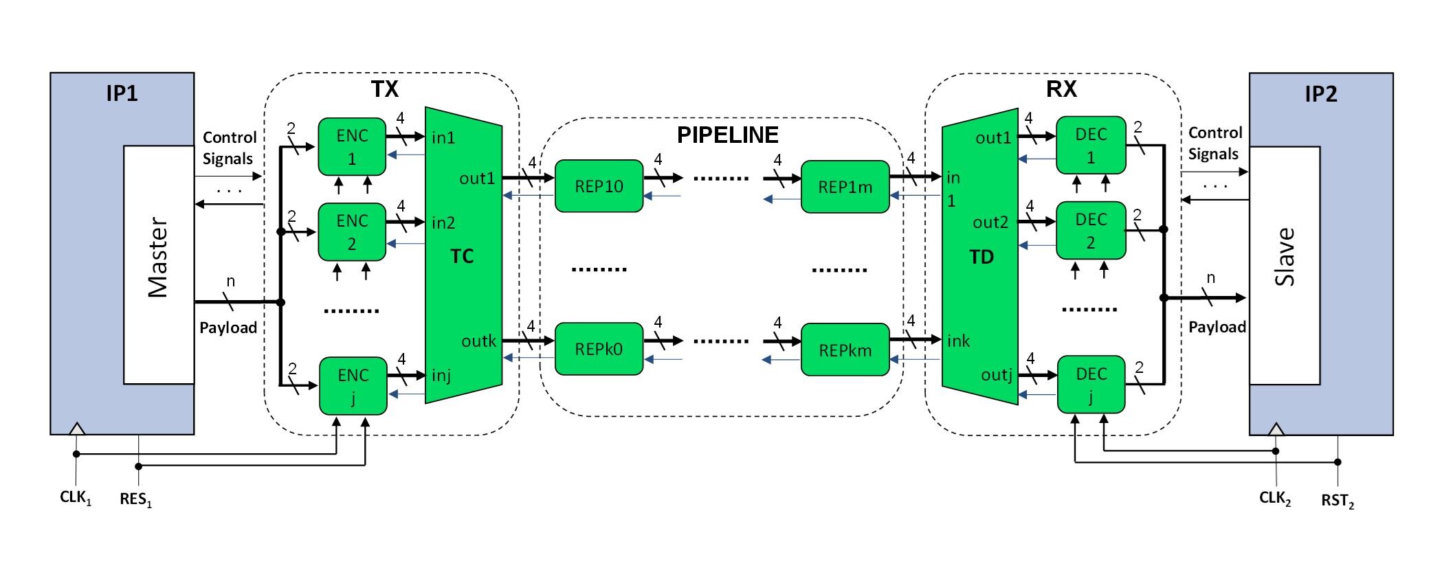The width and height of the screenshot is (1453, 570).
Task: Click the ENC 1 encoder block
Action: click(x=352, y=147)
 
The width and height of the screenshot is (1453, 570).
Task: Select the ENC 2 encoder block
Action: click(x=352, y=232)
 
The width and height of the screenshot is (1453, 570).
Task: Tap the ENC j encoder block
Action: click(x=353, y=386)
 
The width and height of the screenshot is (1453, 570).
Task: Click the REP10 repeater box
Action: click(x=599, y=186)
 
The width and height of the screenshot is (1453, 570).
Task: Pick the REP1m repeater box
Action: click(x=845, y=187)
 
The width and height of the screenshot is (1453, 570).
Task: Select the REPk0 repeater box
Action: click(x=599, y=349)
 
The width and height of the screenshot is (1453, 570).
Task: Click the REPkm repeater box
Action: click(x=845, y=350)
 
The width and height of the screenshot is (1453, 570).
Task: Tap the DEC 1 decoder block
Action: click(x=1091, y=146)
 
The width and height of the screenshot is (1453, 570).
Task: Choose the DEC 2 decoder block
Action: click(x=1091, y=231)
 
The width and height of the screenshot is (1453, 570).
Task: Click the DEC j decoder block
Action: click(x=1091, y=385)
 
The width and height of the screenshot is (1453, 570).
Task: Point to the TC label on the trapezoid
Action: click(x=462, y=256)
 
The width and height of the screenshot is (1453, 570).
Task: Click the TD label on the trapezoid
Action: click(x=981, y=257)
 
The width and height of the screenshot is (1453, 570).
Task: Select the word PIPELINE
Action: click(x=728, y=135)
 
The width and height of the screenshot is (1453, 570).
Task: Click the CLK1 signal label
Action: click(x=75, y=498)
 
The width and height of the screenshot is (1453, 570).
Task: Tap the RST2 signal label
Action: click(x=1337, y=501)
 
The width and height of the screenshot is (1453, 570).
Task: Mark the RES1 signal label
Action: click(x=135, y=499)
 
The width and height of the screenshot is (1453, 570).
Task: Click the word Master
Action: click(x=158, y=258)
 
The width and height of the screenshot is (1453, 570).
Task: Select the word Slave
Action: click(x=1285, y=257)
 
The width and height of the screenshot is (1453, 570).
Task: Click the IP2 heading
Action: click(x=1320, y=94)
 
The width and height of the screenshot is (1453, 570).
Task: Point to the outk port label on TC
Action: click(x=478, y=341)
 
